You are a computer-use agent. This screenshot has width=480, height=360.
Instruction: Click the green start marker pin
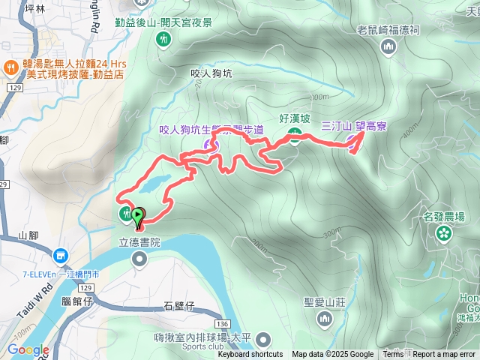point(138,217)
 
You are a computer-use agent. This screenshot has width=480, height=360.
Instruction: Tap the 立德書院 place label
point(139,243)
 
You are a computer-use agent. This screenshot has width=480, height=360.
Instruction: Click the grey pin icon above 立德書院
point(139,259)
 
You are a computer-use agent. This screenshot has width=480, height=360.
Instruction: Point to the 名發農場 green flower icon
point(444,233)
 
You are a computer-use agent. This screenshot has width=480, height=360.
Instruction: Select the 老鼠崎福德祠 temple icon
point(388,48)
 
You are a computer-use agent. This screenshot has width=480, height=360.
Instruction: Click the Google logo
point(28,350)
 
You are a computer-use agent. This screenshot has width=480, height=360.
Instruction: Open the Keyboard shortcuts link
point(250,355)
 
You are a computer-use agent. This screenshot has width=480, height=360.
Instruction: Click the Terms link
point(393,355)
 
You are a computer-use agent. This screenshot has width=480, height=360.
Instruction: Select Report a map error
point(444,355)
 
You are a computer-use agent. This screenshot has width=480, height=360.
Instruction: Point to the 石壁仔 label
point(178,305)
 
